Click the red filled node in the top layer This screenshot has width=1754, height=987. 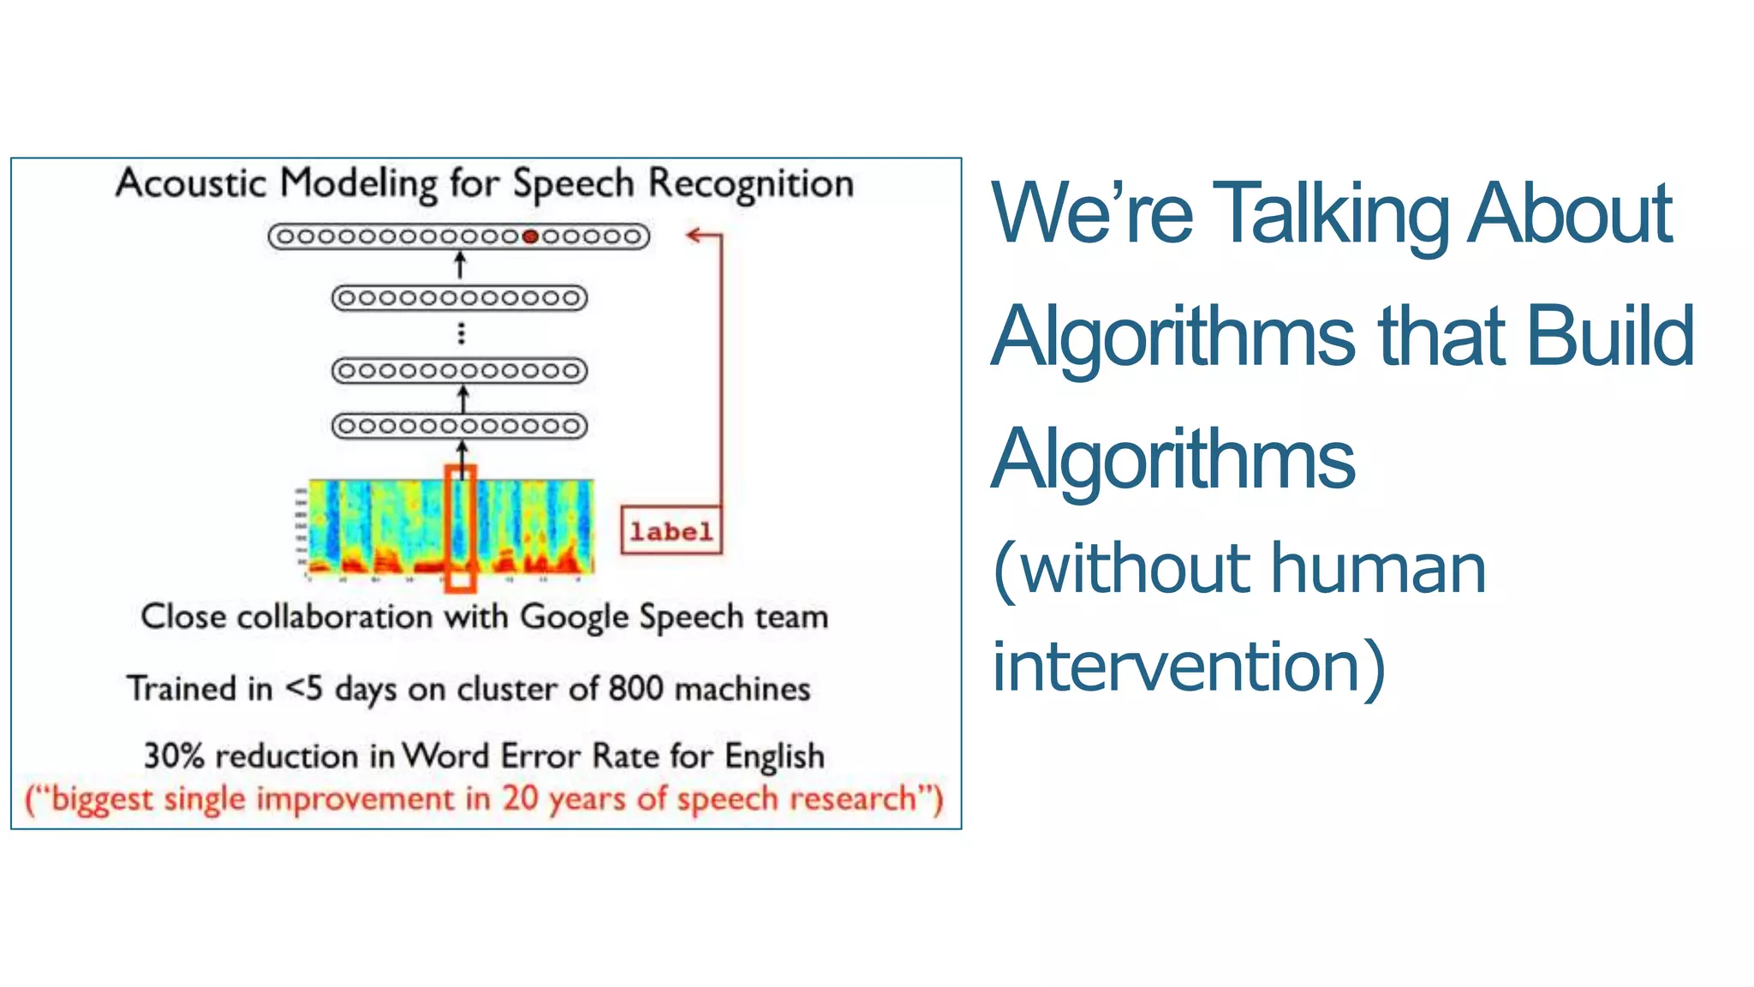(x=530, y=236)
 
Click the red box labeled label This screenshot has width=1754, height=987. (x=671, y=531)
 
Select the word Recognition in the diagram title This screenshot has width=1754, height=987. (x=751, y=183)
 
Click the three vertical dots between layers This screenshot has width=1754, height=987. (x=462, y=333)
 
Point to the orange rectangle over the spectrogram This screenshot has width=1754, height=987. (x=460, y=529)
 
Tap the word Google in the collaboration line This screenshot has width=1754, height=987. (x=575, y=618)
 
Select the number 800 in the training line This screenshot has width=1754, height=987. (x=635, y=689)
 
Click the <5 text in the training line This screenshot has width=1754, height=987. (x=304, y=688)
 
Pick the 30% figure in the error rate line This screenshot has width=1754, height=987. (x=174, y=756)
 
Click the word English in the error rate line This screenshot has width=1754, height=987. (x=774, y=757)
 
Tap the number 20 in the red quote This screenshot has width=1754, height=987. (x=520, y=799)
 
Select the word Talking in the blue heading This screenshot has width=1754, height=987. (x=1332, y=214)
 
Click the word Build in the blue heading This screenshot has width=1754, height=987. (x=1610, y=337)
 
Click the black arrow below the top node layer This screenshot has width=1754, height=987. (x=460, y=265)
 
